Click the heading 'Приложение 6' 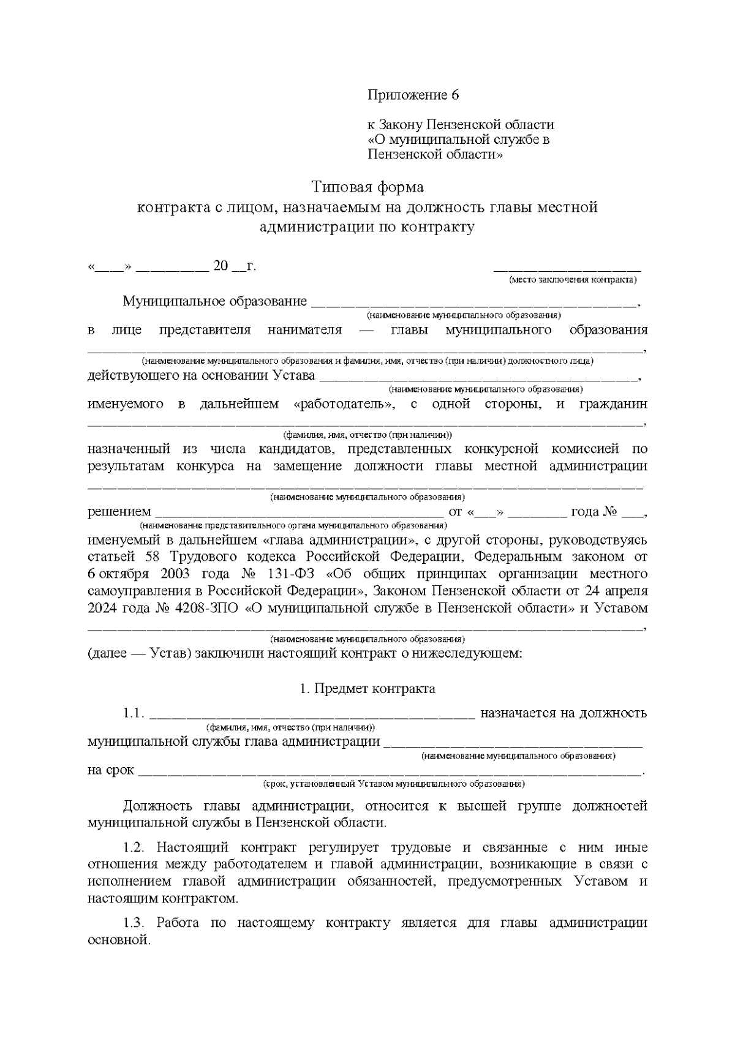413,96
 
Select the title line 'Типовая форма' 367,186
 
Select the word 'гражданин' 614,404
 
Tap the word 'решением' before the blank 119,512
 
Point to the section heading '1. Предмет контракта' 367,689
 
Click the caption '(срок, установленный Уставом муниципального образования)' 392,784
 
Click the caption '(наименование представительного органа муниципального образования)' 293,526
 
